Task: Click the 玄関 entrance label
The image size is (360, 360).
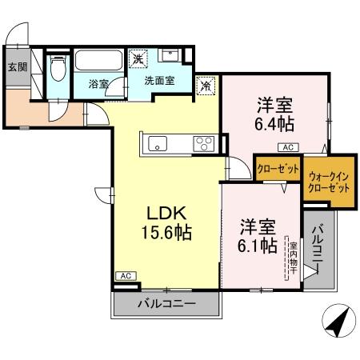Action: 18,67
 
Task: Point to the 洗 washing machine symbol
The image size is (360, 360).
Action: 138,58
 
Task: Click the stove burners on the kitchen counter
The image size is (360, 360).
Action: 203,144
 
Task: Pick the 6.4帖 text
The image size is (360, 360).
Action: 274,125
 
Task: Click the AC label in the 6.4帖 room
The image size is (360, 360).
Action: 285,147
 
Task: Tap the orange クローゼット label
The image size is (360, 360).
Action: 277,170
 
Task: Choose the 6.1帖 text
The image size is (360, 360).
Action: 258,245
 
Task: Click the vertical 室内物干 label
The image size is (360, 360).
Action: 294,260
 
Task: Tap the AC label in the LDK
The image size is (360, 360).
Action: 124,275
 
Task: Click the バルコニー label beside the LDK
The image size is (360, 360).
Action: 166,304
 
